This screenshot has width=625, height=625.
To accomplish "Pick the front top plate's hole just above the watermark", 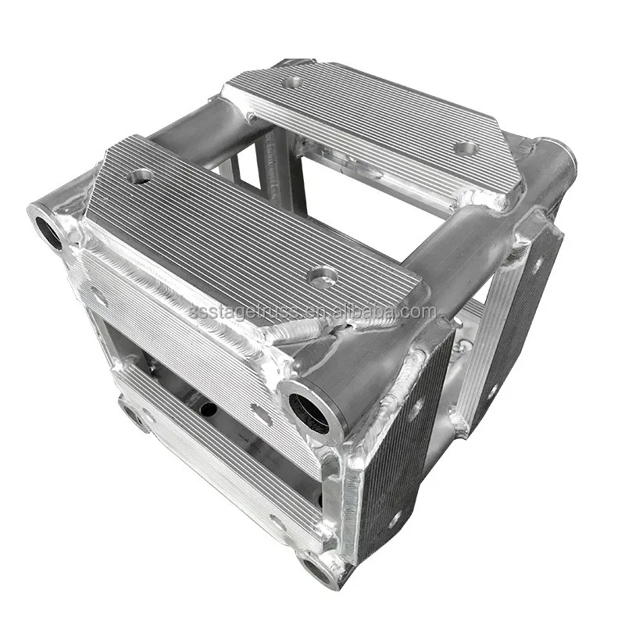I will tap(322, 277).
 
